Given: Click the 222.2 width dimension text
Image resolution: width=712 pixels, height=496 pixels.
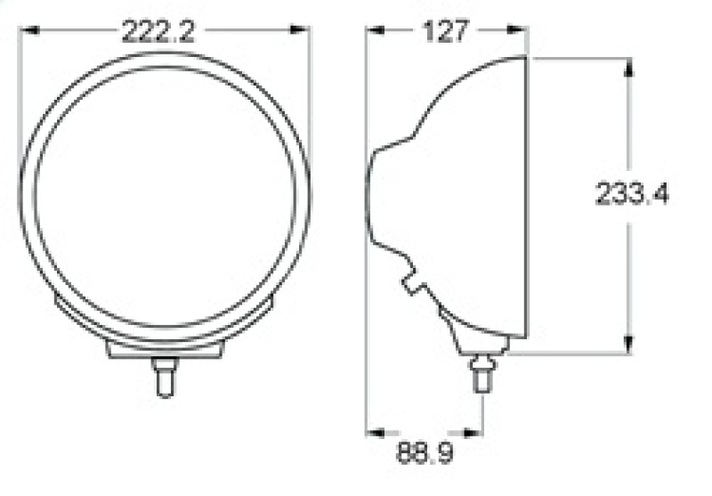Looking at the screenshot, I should click(x=158, y=32).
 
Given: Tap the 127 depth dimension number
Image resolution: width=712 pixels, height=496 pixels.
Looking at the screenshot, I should click(x=446, y=32).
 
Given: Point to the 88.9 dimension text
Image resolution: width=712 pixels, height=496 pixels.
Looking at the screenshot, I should click(x=425, y=453).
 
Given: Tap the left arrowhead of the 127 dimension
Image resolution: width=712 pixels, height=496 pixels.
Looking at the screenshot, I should click(x=376, y=30).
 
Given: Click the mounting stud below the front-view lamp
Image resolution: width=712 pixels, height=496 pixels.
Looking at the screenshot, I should click(x=163, y=374).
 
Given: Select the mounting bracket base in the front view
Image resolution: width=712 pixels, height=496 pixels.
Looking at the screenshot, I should click(x=165, y=348).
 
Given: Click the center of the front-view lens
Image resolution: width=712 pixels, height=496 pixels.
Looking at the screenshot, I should click(x=166, y=197).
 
